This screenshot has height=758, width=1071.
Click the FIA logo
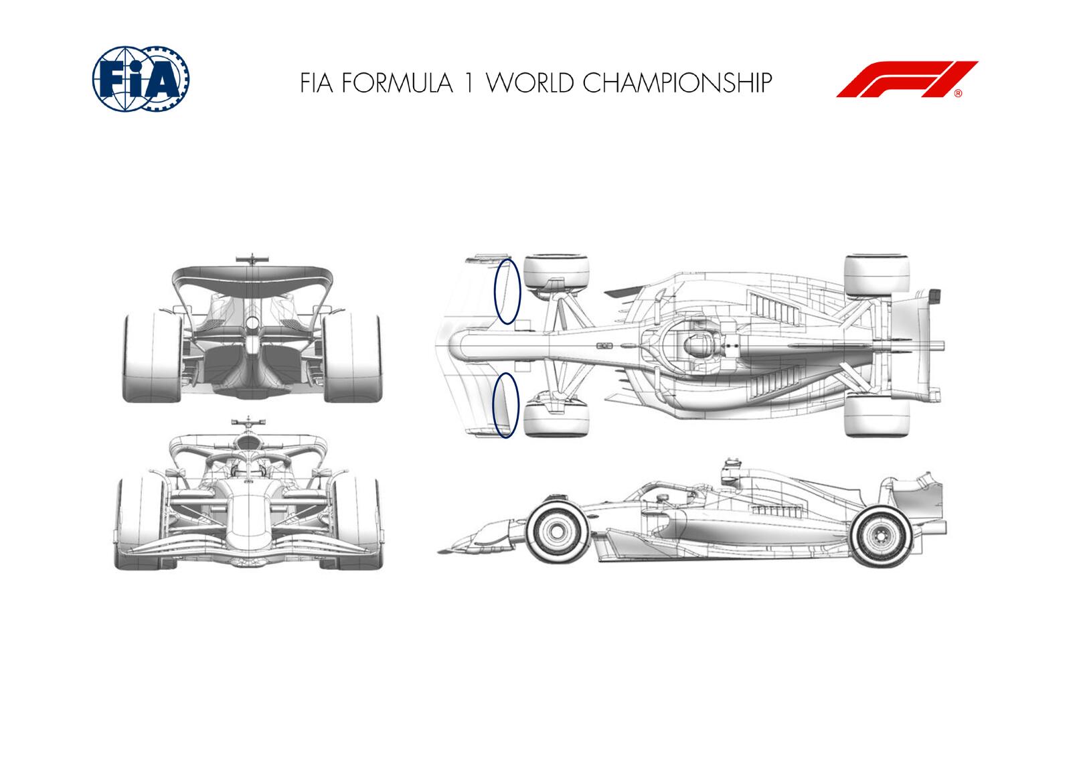pyautogui.click(x=141, y=78)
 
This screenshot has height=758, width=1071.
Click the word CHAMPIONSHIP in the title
pyautogui.click(x=677, y=83)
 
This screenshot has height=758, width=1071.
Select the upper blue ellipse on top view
pyautogui.click(x=507, y=291)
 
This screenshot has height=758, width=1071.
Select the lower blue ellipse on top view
pyautogui.click(x=505, y=406)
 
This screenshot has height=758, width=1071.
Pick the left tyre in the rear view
pyautogui.click(x=152, y=358)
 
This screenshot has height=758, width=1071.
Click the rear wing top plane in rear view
pyautogui.click(x=252, y=275)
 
